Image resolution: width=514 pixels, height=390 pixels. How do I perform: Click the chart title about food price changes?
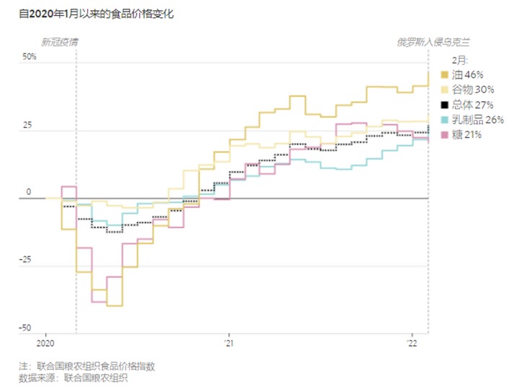96,14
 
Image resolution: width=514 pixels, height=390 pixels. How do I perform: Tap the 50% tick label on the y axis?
29,56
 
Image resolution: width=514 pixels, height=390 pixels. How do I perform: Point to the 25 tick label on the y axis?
27,125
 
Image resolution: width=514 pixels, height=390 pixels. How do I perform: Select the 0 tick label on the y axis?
29,191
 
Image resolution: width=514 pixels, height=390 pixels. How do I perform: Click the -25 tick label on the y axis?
25,260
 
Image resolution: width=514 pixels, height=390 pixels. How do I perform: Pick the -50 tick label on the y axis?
25,328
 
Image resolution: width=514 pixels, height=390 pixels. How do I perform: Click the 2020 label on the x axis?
45,343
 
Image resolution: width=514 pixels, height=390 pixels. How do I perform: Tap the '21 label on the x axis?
229,343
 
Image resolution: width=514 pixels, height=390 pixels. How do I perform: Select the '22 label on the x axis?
412,343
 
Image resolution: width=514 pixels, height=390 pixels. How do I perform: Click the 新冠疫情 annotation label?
60,42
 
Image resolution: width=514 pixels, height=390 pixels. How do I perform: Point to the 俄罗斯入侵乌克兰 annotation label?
433,42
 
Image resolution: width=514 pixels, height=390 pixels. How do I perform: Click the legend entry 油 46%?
462,75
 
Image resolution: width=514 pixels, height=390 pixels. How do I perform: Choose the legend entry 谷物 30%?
468,90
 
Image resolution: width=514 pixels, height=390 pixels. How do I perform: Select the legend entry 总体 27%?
467,105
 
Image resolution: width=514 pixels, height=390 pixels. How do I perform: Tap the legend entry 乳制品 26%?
472,119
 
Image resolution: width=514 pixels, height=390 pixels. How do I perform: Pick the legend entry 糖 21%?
461,134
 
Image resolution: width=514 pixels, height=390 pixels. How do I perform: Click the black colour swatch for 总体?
445,105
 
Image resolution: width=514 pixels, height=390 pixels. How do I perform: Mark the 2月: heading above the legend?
460,60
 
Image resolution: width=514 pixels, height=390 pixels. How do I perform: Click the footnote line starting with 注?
87,366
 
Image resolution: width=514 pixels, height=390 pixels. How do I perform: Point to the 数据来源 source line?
73,378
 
